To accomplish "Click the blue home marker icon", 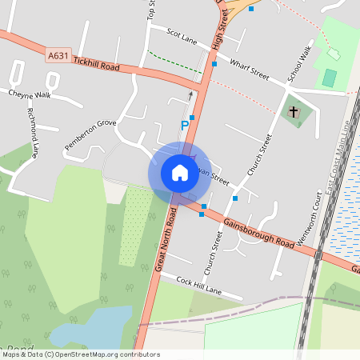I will [x=179, y=173].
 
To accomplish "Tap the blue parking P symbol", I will [x=185, y=125].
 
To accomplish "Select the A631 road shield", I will [x=58, y=56].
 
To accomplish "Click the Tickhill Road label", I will [x=95, y=64].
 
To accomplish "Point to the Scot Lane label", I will [x=182, y=36].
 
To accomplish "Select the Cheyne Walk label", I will [x=30, y=94].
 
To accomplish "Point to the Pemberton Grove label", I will [x=90, y=134].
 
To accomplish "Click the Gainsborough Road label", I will [x=260, y=231].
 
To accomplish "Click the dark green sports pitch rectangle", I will [x=330, y=78].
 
